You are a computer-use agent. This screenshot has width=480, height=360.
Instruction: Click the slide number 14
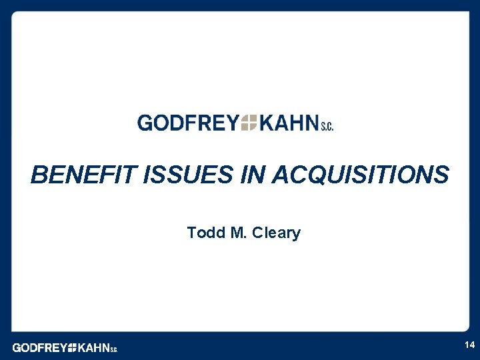pyautogui.click(x=469, y=345)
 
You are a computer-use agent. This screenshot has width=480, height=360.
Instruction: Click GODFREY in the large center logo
pyautogui.click(x=187, y=123)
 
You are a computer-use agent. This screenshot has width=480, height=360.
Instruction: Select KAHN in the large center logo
pyautogui.click(x=289, y=123)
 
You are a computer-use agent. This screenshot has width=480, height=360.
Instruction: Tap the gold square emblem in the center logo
pyautogui.click(x=249, y=123)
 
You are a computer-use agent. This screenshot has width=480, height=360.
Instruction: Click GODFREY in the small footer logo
pyautogui.click(x=39, y=347)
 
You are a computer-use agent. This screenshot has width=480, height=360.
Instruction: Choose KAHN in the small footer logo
pyautogui.click(x=93, y=347)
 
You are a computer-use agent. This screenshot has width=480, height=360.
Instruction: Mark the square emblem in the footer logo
pyautogui.click(x=72, y=347)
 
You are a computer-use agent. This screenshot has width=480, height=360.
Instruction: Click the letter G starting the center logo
pyautogui.click(x=145, y=123)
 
